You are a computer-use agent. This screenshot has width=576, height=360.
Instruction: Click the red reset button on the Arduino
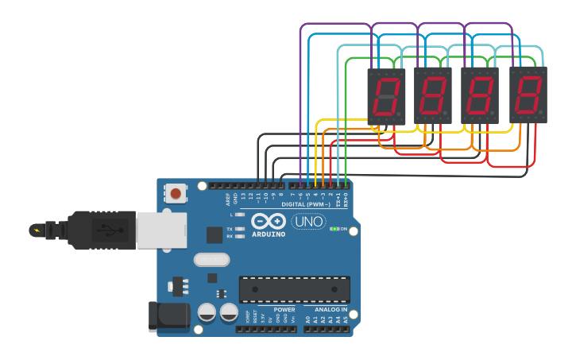point(176,193)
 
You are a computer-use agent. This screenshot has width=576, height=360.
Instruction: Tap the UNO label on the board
point(308,222)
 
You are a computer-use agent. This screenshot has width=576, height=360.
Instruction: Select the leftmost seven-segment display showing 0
point(385,95)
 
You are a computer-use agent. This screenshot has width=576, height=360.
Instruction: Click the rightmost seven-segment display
point(528,95)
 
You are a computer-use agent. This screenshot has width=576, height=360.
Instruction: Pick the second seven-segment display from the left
point(432,95)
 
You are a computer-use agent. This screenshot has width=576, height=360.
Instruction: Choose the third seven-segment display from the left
point(480,95)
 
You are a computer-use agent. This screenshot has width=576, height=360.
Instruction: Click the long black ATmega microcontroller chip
point(295,289)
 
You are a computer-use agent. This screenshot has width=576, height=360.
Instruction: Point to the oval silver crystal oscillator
point(211,259)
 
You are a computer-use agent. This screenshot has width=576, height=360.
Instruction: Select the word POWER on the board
point(284,309)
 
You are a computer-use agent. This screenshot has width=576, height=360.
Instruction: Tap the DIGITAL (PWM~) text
point(305,204)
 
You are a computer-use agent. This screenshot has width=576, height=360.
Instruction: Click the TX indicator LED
point(239,228)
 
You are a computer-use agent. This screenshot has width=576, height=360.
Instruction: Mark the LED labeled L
point(239,215)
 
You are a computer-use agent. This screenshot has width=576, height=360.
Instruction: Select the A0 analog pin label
point(307,319)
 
